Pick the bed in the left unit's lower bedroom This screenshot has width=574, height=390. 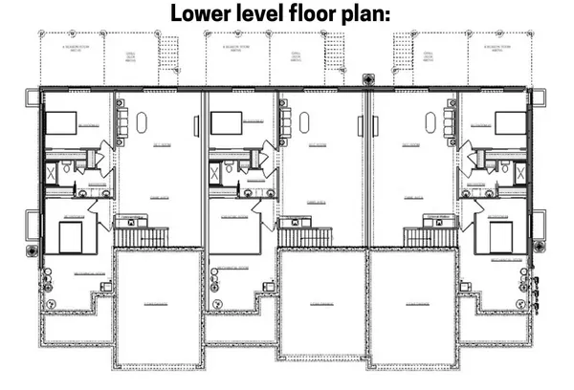[73, 237]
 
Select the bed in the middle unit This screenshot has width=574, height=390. [228, 123]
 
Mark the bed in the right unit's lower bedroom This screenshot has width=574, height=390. [501, 237]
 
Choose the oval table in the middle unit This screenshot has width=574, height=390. [305, 123]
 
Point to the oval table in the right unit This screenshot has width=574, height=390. [430, 123]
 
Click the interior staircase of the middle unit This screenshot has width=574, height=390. [305, 234]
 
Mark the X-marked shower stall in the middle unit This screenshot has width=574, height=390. [215, 173]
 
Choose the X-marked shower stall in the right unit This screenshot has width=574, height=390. [520, 173]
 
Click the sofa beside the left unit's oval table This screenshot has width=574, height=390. [121, 121]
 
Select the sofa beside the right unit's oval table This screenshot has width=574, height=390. [450, 121]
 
